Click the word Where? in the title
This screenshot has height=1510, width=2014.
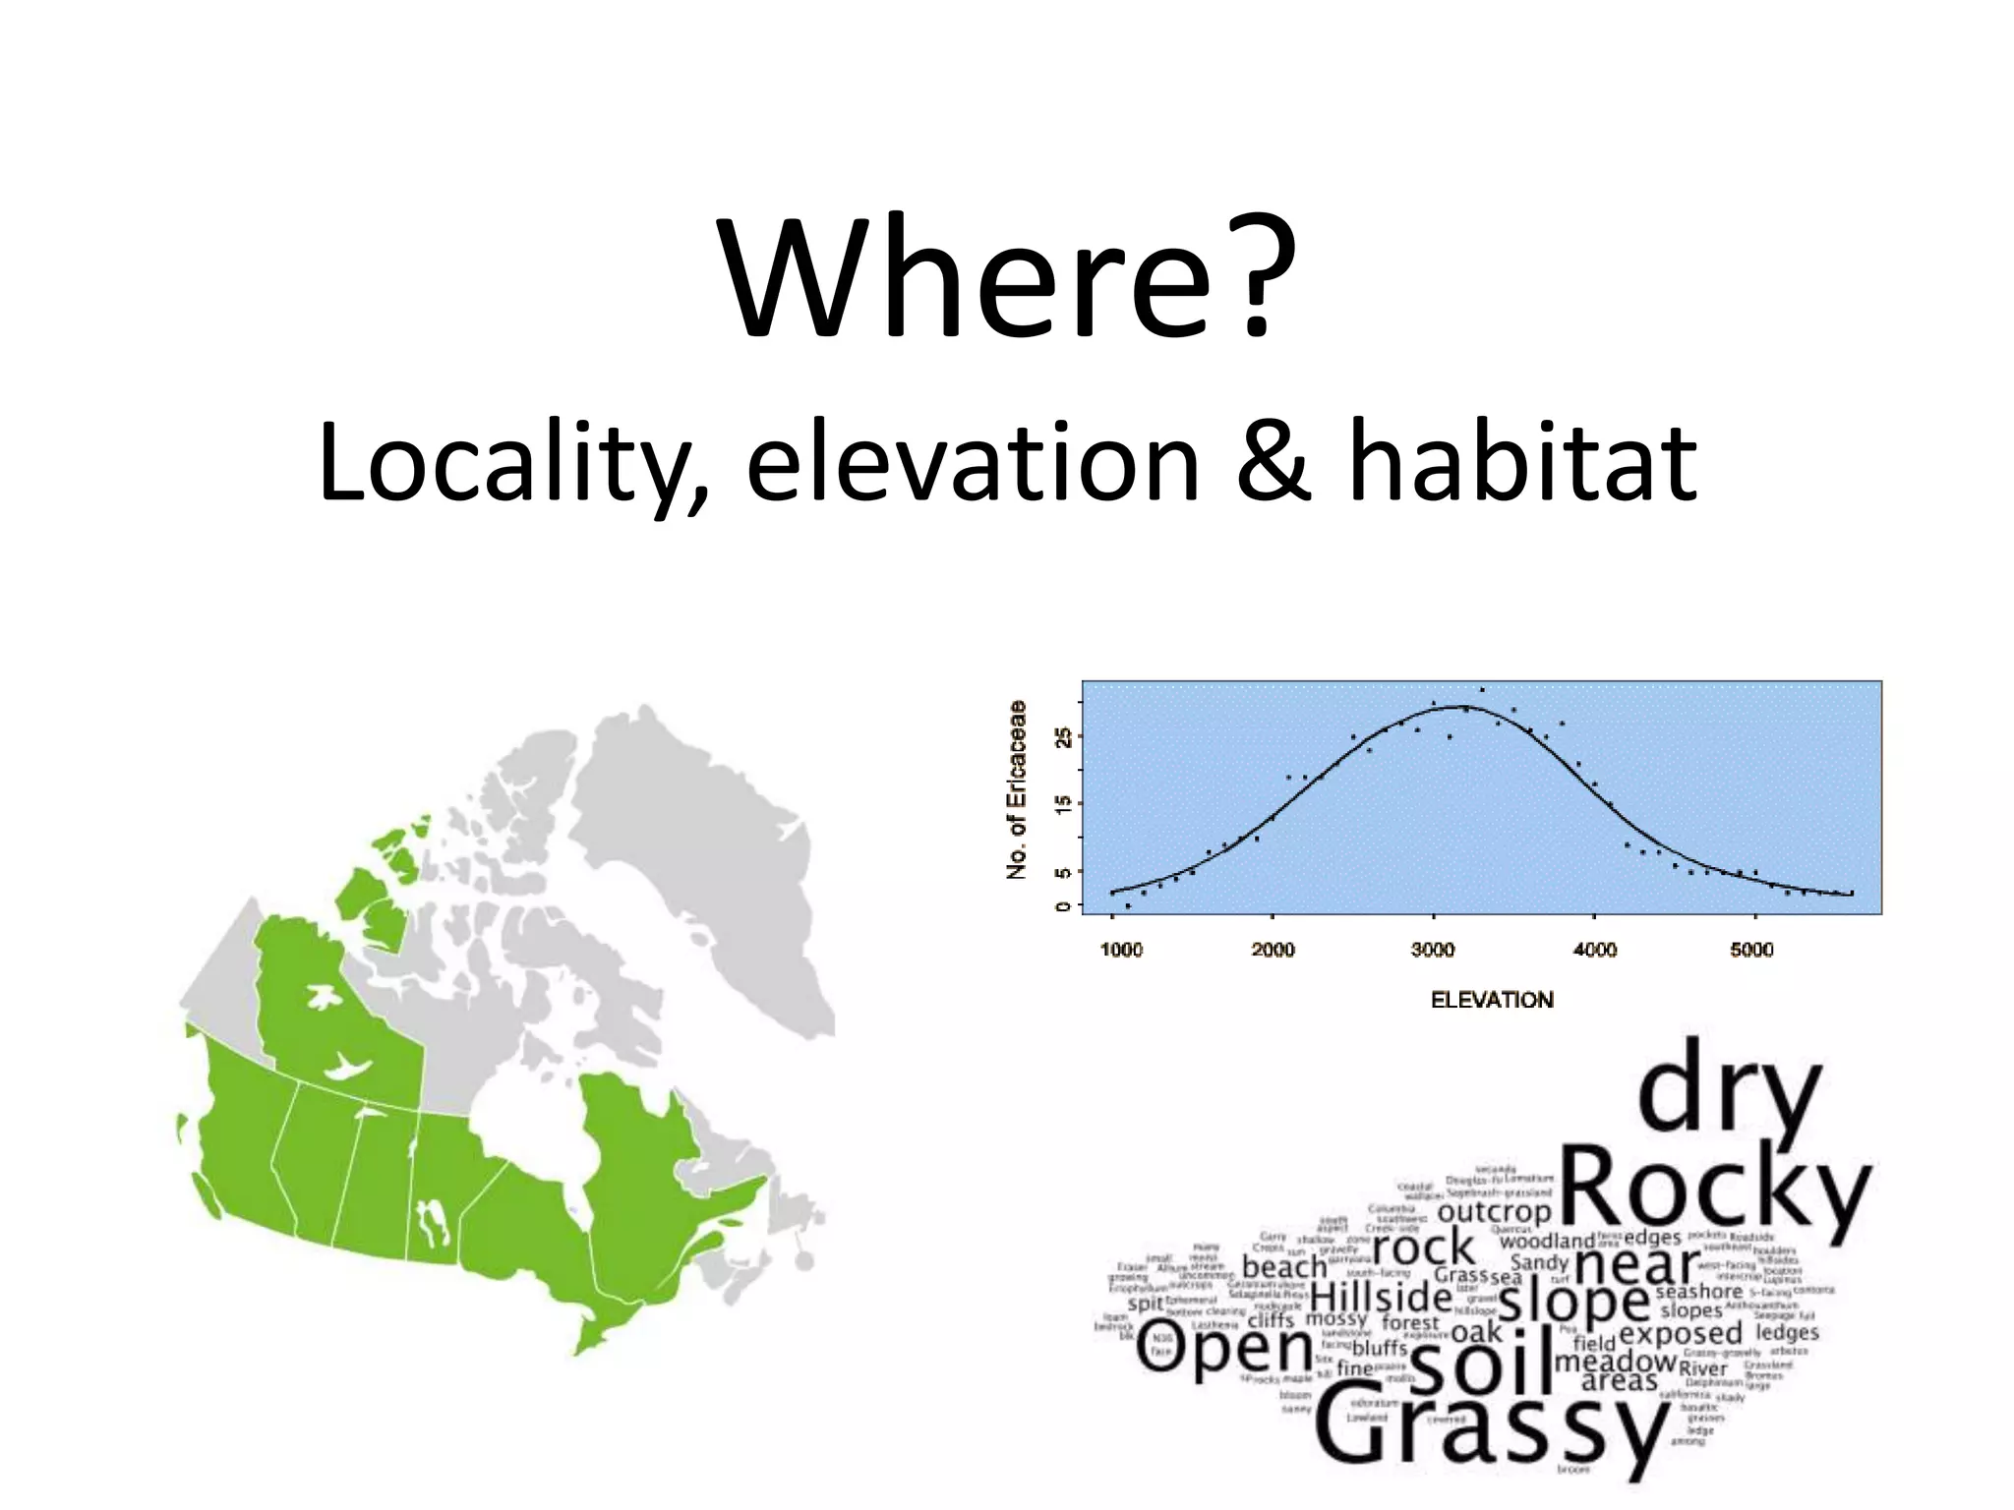pos(1007,279)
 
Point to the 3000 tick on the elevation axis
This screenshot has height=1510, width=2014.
pos(1433,950)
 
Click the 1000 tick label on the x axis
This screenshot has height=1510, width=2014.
pos(1120,950)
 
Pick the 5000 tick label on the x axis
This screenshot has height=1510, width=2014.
pos(1751,950)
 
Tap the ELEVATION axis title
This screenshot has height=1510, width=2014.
pos(1492,1000)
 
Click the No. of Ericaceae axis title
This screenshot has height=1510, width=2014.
pos(1017,789)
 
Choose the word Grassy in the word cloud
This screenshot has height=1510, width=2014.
pos(1489,1430)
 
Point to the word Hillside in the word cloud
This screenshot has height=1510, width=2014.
pos(1381,1297)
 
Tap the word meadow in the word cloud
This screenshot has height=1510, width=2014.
pos(1615,1361)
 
